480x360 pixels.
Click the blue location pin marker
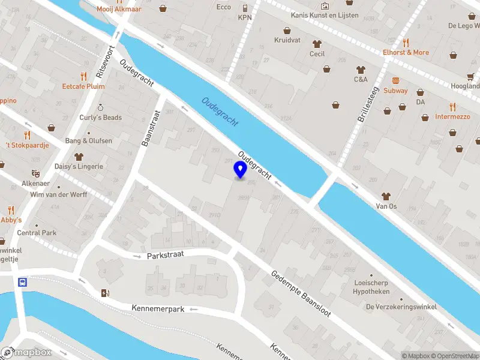[241, 170]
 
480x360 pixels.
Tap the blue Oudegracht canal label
[220, 112]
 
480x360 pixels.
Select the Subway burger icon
[395, 80]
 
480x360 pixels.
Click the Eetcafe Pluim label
[83, 86]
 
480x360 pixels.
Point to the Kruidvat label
[287, 40]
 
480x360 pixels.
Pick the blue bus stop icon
[23, 282]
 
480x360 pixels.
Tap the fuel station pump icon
[106, 293]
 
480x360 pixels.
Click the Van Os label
[386, 206]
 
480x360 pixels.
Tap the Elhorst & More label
[406, 52]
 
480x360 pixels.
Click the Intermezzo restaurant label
[452, 116]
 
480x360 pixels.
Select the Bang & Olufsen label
[88, 141]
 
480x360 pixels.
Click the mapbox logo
[26, 353]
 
